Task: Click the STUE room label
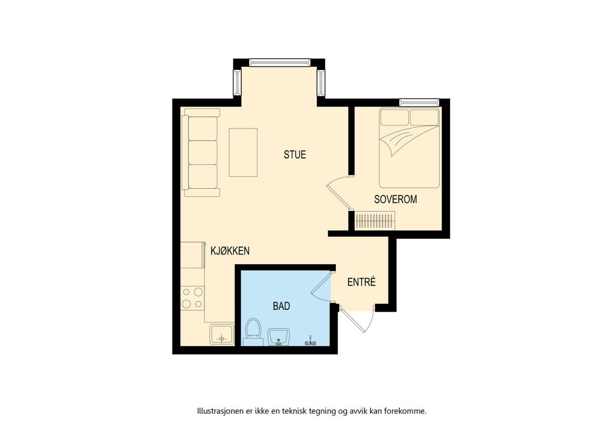click(x=295, y=154)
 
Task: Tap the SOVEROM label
click(x=396, y=199)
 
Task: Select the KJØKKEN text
click(x=230, y=250)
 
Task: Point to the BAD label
click(x=282, y=306)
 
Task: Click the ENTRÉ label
click(x=362, y=282)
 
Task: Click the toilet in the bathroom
click(x=253, y=332)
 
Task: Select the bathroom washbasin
click(x=279, y=337)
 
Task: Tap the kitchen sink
click(x=222, y=334)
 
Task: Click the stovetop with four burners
click(x=193, y=298)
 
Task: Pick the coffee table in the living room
click(x=243, y=153)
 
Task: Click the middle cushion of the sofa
click(x=203, y=153)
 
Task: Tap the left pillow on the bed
click(x=394, y=117)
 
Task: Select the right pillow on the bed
click(x=424, y=117)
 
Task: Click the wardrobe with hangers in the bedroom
click(x=374, y=220)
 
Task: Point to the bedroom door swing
click(x=338, y=193)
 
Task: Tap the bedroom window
click(x=419, y=102)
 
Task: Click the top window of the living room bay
click(x=280, y=62)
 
